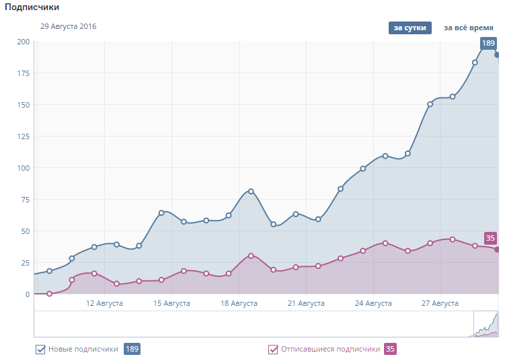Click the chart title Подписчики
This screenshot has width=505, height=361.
pos(30,7)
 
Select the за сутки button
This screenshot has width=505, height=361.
pos(410,28)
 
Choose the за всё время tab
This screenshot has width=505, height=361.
pos(468,28)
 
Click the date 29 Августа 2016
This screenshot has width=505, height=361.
pos(68,27)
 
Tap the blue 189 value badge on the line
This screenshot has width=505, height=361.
pos(488,44)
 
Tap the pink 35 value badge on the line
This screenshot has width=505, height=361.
pos(490,238)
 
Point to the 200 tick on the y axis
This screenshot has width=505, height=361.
pos(23,42)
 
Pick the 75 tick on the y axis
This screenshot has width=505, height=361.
pos(25,200)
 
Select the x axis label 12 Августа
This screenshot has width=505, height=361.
pos(104,304)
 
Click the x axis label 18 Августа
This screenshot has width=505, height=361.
pos(239,304)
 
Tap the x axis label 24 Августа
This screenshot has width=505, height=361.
pos(373,304)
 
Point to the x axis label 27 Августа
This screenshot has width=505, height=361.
pos(440,304)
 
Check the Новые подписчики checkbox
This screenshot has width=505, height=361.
pos(40,350)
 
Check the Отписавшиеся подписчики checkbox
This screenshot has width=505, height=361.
pos(273,350)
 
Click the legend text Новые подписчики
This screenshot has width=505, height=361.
pos(83,350)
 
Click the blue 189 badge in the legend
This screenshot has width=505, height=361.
pos(132,350)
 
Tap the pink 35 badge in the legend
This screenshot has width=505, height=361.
pos(390,350)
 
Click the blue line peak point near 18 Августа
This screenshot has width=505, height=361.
pos(251,192)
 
